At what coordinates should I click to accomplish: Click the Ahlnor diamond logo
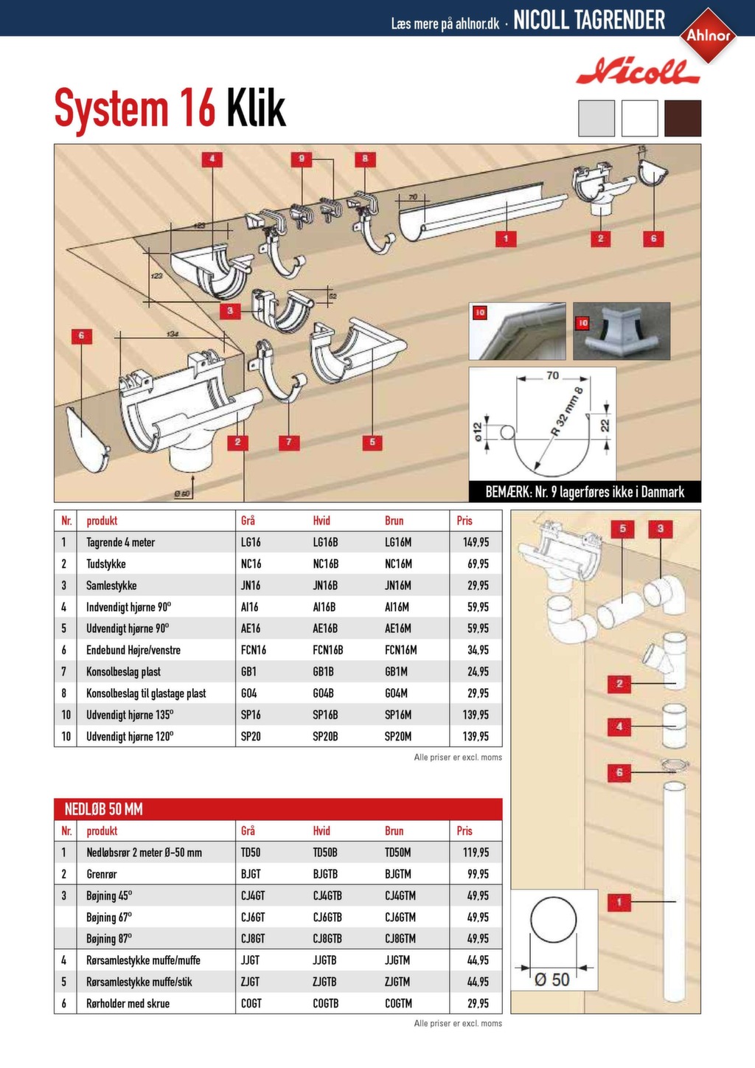click(709, 35)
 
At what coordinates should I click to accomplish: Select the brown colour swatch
click(682, 119)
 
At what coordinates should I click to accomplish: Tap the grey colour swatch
click(596, 119)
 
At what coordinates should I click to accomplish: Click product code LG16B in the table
click(325, 542)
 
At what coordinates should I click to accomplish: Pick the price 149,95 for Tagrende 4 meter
click(476, 542)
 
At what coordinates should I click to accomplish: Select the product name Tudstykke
click(106, 564)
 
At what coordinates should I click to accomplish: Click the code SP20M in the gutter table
click(398, 737)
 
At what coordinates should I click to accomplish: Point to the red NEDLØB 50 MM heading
click(104, 809)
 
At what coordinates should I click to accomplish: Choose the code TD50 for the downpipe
click(251, 853)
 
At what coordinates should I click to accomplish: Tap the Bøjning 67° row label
click(109, 918)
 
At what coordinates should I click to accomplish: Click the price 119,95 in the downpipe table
click(476, 853)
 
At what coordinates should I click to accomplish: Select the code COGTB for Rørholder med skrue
click(325, 1004)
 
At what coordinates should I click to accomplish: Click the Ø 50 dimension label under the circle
click(552, 979)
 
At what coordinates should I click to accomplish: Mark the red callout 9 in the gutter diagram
click(301, 159)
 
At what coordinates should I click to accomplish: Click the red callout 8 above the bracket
click(364, 159)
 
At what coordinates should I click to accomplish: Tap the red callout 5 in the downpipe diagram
click(622, 528)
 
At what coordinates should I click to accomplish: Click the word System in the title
click(112, 109)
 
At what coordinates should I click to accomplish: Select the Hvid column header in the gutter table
click(321, 521)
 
